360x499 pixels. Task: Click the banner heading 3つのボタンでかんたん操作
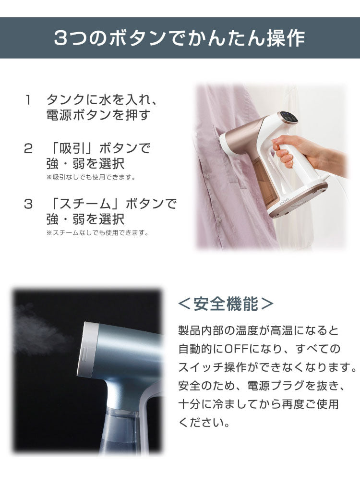[x=180, y=38]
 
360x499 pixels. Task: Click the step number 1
[x=28, y=100]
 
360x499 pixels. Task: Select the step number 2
[x=28, y=148]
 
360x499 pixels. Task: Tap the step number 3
[x=28, y=204]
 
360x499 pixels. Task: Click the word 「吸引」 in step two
[x=73, y=148]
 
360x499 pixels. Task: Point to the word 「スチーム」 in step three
[x=86, y=204]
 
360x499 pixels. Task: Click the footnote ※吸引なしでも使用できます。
[x=91, y=177]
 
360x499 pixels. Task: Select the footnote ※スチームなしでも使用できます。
[x=97, y=232]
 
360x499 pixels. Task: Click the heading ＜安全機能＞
[x=226, y=304]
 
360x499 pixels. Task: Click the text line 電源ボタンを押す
[x=98, y=115]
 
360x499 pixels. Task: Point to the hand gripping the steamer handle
[x=305, y=151]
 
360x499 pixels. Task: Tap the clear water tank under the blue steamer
[x=122, y=430]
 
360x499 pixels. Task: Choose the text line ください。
[x=204, y=422]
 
